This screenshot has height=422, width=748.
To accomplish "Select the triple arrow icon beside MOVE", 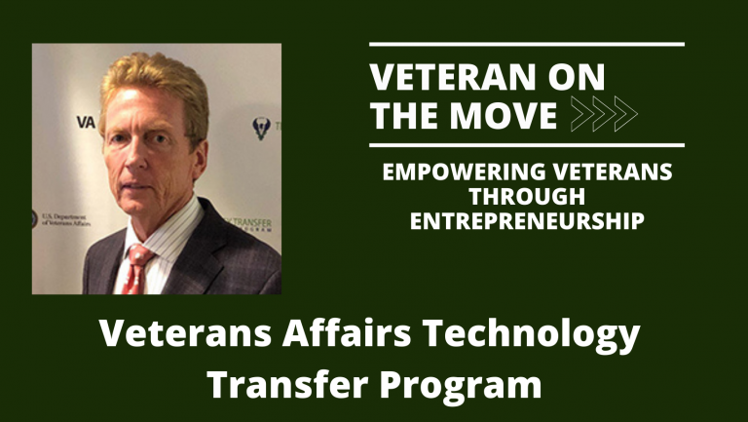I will coord(604,114).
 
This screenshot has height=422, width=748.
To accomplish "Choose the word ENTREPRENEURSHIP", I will coord(528,222).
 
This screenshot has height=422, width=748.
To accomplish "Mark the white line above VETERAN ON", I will coord(527,44).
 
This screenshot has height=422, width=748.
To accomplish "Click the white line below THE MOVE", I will coord(527,145).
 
